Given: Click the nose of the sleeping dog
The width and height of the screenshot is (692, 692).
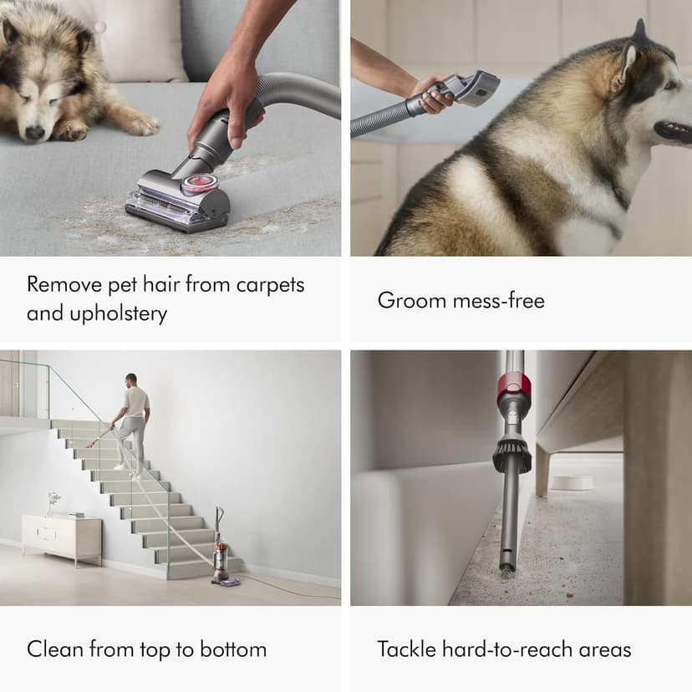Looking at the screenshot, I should coord(33,132).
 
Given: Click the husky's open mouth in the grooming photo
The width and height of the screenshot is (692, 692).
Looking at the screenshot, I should coord(674,130).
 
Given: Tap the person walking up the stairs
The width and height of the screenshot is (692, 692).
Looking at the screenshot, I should coord(133,418).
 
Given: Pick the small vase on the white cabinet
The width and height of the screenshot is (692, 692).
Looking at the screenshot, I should coord(52,504).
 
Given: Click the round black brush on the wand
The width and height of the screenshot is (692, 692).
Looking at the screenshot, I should coord(511,455).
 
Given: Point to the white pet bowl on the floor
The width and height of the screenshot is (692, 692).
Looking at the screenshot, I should coord(572,482).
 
